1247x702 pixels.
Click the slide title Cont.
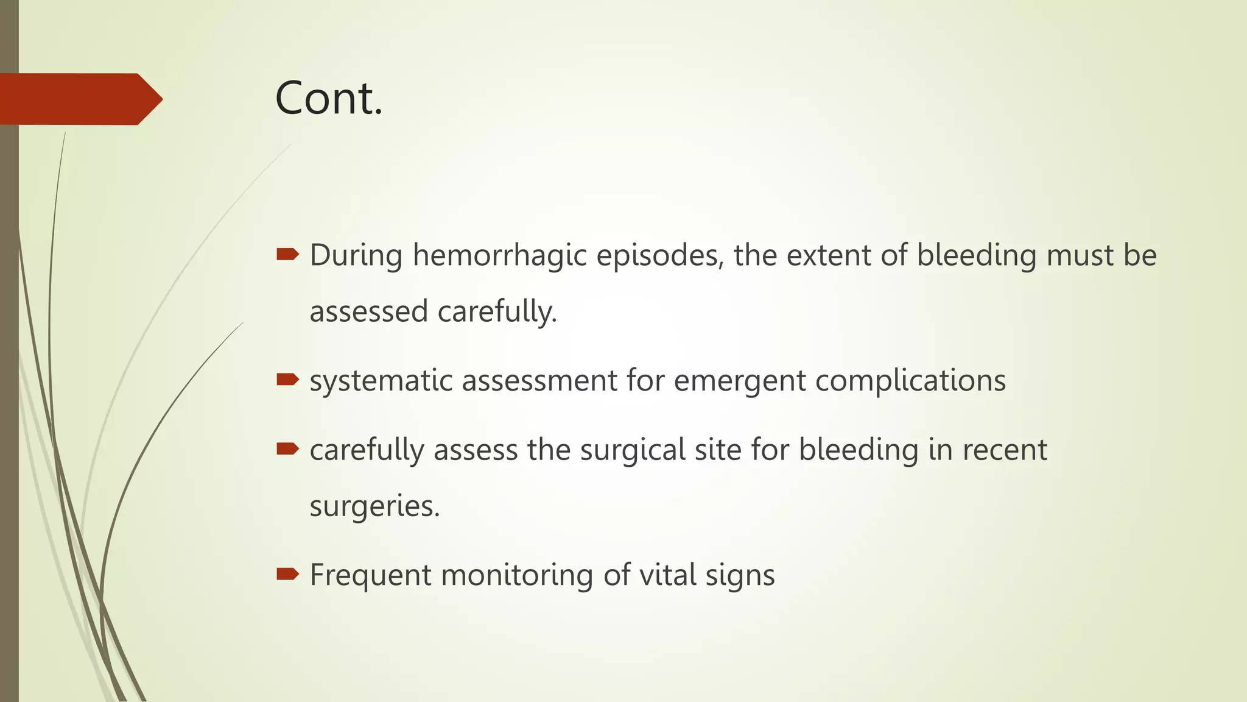[329, 99]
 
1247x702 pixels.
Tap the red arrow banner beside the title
[79, 99]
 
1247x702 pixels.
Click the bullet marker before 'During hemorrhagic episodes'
[287, 255]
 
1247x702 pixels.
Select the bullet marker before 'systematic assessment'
[287, 380]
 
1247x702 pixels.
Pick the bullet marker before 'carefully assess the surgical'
[287, 450]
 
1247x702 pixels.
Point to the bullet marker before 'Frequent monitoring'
[287, 574]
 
